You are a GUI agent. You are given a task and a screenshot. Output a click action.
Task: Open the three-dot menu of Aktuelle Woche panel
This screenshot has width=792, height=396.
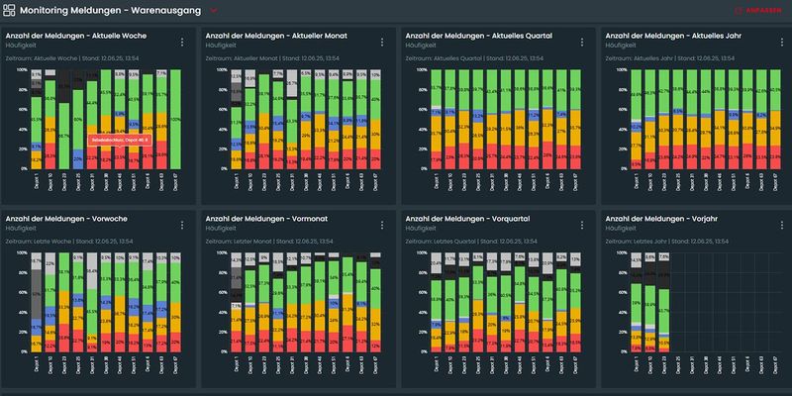click(x=182, y=42)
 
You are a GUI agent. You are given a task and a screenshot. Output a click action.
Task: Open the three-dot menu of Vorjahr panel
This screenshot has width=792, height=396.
click(x=776, y=224)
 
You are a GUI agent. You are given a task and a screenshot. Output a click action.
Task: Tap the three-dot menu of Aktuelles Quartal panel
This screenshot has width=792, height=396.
click(x=578, y=42)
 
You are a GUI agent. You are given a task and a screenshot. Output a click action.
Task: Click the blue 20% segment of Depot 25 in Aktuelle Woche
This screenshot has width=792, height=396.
click(x=78, y=158)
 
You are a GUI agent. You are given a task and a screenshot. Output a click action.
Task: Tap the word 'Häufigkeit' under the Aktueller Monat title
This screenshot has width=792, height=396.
click(x=217, y=46)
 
